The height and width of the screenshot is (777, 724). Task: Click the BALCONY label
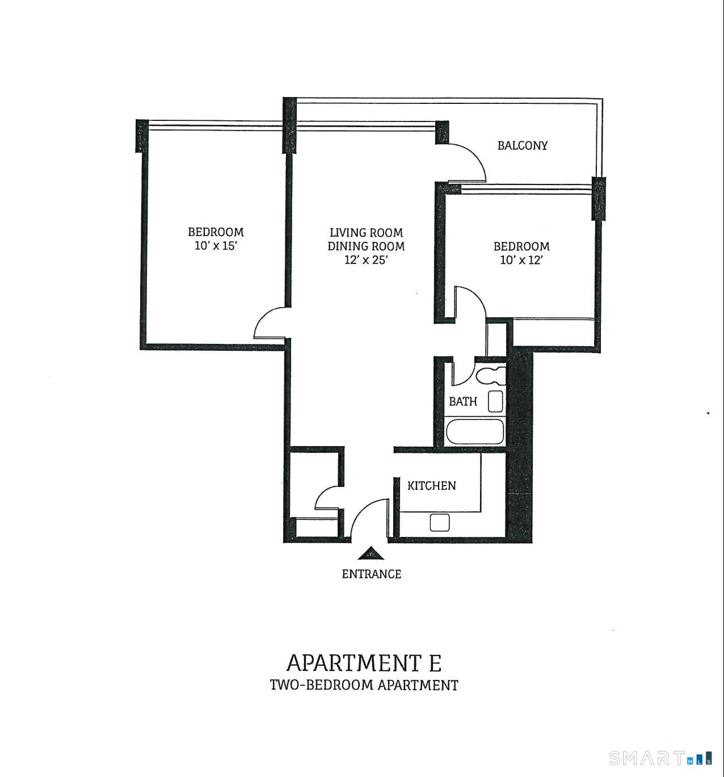pos(522,145)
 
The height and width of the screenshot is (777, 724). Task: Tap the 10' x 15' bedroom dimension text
pos(216,246)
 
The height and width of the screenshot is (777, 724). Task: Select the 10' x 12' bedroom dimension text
pos(521,260)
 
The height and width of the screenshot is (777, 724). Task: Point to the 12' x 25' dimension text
pos(366,260)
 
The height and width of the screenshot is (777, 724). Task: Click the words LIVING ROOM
pos(366,233)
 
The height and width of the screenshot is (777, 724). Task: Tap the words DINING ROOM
pos(366,246)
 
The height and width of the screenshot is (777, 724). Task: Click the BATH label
pos(463,401)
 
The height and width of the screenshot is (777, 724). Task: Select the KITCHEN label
pos(431,486)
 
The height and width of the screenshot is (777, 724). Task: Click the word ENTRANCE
pos(371,574)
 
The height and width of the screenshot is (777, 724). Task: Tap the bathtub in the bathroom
pos(475,432)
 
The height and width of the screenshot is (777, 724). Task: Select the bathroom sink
pos(495,401)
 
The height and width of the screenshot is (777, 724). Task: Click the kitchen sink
pos(440,523)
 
